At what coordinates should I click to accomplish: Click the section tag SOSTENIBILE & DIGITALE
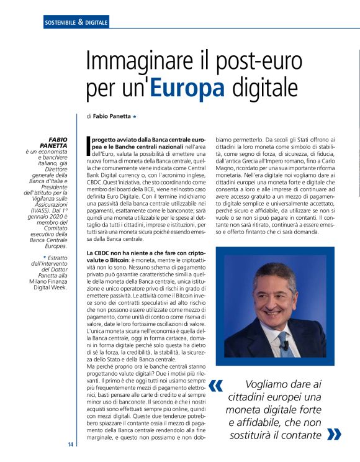[76, 22]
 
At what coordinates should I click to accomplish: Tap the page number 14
[71, 444]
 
